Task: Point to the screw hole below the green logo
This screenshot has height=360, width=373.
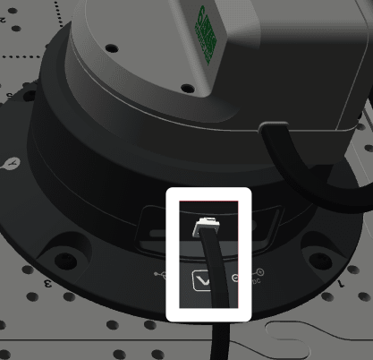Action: (187, 88)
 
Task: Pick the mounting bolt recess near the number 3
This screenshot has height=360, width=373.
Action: (65, 261)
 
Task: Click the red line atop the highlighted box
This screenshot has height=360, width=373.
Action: (208, 201)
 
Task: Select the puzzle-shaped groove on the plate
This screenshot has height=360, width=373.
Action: (300, 336)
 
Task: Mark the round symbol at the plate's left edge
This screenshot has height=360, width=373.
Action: (12, 164)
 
